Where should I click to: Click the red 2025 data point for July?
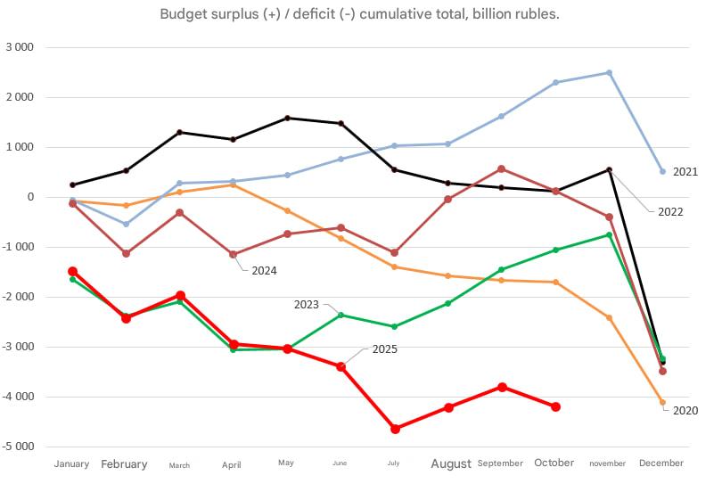[x=395, y=429]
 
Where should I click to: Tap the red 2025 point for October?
[x=555, y=406]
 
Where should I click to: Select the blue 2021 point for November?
[x=609, y=73]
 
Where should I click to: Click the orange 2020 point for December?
[x=662, y=402]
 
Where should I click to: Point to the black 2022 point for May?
[x=287, y=118]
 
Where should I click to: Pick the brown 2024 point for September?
[x=502, y=168]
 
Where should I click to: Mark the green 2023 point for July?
[x=395, y=326]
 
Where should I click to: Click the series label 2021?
[x=685, y=171]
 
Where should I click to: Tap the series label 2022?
[x=670, y=212]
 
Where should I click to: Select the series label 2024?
[x=263, y=270]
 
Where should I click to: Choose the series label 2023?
[x=306, y=305]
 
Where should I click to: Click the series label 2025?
[x=385, y=348]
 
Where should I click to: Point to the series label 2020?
[x=685, y=411]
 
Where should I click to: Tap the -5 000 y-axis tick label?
[x=20, y=447]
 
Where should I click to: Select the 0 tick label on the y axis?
[x=30, y=197]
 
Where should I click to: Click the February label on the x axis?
[x=124, y=463]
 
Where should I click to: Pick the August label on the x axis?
[x=451, y=463]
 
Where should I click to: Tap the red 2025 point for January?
[x=73, y=271]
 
